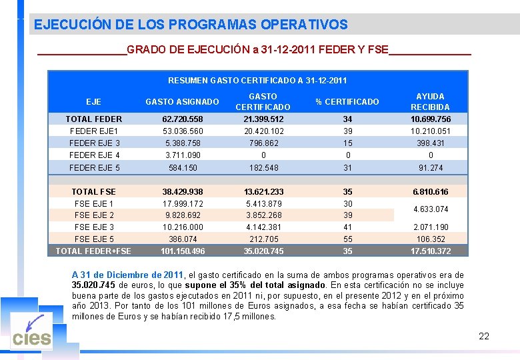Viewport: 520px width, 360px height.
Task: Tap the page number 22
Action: click(x=484, y=336)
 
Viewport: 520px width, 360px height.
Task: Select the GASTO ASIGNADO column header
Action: click(x=182, y=102)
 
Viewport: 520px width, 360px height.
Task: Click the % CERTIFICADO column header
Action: click(x=347, y=102)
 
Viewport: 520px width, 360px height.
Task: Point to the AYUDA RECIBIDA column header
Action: click(x=430, y=101)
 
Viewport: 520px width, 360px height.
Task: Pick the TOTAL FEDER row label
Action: click(x=93, y=119)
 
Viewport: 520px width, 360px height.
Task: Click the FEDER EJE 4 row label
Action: click(x=94, y=155)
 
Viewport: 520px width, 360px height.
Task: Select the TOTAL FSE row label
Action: click(x=93, y=192)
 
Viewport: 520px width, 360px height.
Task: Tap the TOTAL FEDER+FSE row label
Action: click(x=93, y=251)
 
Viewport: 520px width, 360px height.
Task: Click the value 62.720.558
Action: click(x=182, y=119)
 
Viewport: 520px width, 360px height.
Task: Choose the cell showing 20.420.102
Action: click(x=263, y=131)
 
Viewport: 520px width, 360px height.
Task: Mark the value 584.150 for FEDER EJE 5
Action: click(x=182, y=168)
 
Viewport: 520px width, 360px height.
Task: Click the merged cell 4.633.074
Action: click(x=430, y=209)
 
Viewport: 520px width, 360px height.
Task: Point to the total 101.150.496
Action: click(x=182, y=251)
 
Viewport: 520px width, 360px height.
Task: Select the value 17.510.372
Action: click(x=430, y=251)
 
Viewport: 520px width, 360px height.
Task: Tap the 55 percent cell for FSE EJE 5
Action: click(x=347, y=239)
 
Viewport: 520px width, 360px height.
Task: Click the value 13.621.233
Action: click(x=263, y=192)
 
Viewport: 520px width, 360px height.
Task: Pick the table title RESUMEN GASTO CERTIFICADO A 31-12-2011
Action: click(x=257, y=81)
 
